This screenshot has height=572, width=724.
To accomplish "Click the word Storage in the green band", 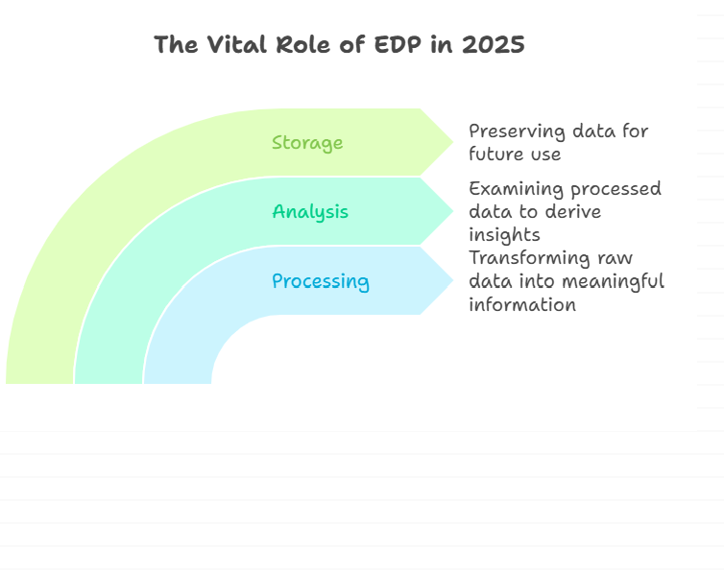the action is (307, 143).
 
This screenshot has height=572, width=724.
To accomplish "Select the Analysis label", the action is (310, 212).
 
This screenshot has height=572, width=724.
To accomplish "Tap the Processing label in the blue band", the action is (321, 281).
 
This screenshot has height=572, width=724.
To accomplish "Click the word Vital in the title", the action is (237, 45).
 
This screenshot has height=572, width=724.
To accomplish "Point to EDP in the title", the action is (398, 45).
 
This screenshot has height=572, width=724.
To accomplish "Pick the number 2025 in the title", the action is (494, 45).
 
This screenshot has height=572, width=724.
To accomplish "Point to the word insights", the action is (504, 235).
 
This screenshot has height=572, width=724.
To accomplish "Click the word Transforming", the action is (529, 258).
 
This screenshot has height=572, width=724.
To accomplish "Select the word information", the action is (522, 304).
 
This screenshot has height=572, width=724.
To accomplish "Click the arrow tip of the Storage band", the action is (453, 142).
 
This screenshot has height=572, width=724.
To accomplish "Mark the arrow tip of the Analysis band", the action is (453, 211).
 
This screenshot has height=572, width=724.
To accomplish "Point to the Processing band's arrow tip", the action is (453, 280).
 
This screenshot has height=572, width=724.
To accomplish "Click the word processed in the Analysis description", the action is (615, 189).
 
